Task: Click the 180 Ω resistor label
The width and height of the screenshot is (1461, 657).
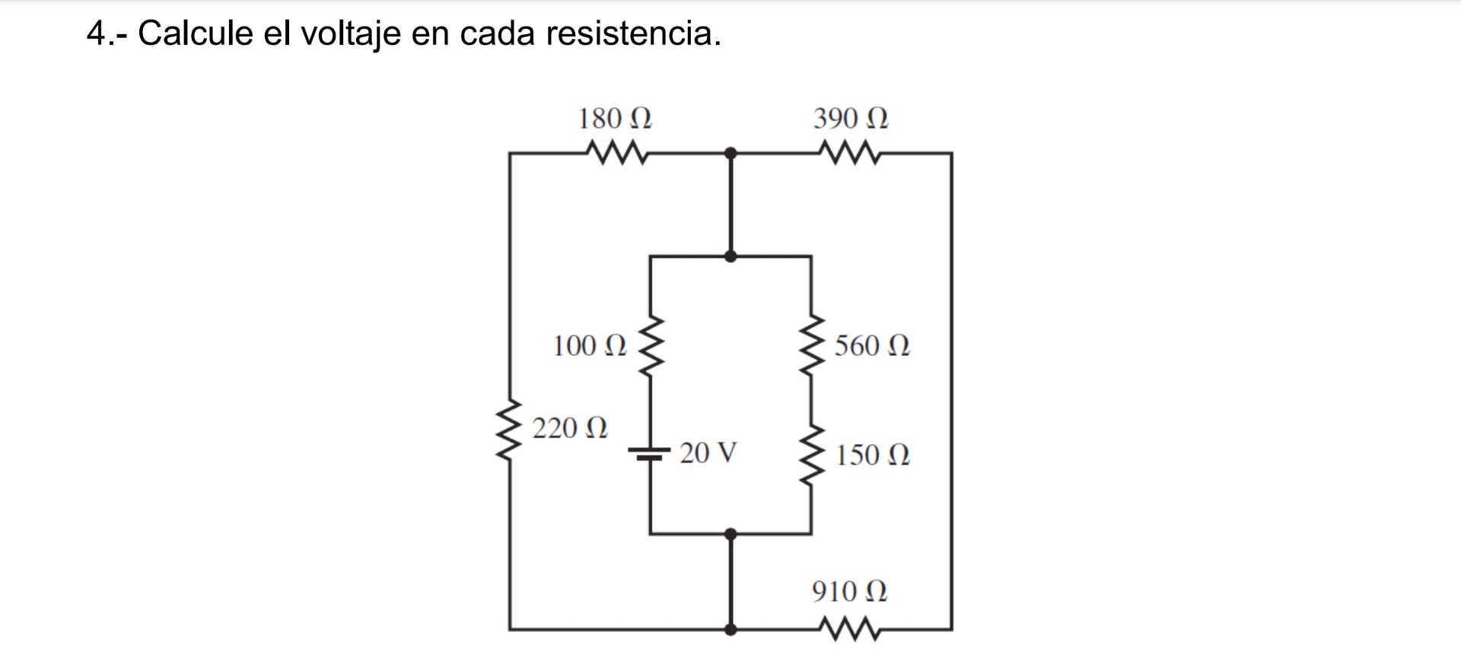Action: click(x=615, y=119)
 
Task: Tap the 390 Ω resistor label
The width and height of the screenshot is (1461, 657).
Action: click(x=851, y=119)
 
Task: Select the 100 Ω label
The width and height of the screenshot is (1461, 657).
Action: click(x=590, y=346)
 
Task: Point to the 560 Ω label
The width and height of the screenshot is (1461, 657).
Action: click(x=872, y=346)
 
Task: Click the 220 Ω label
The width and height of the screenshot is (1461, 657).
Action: click(x=570, y=428)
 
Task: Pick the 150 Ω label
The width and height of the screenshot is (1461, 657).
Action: click(x=872, y=455)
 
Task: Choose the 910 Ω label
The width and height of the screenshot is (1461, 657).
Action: click(x=849, y=591)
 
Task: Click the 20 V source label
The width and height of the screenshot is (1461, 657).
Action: click(x=708, y=453)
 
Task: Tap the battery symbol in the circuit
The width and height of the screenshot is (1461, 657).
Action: click(x=649, y=453)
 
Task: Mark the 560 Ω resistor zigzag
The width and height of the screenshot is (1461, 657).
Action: click(x=811, y=346)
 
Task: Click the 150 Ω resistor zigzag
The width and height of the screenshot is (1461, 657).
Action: click(x=811, y=455)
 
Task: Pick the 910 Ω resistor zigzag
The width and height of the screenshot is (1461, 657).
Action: click(x=851, y=630)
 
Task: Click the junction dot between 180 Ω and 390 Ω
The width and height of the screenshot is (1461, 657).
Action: click(x=730, y=154)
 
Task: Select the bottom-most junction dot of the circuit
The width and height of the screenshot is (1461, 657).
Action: click(x=730, y=630)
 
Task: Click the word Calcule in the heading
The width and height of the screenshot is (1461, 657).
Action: click(x=195, y=33)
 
